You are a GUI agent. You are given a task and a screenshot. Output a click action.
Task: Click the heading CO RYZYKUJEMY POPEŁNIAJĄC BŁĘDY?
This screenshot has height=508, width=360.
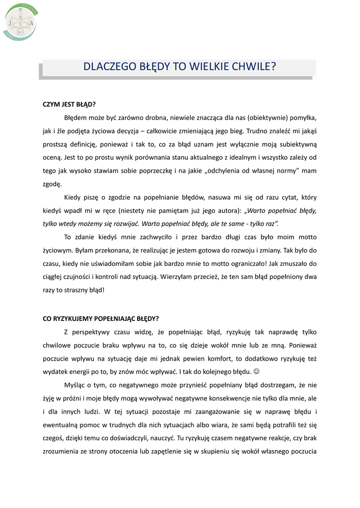[x=101, y=318]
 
